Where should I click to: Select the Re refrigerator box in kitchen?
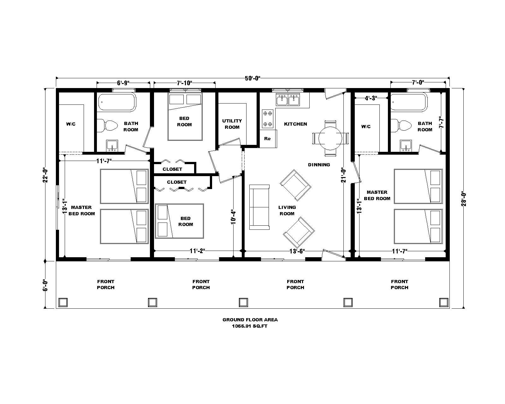coord(268,139)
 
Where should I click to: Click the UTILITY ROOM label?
coord(232,124)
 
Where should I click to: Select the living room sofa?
coord(259,207)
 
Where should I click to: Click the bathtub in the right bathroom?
coord(409,102)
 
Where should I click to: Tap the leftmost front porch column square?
coord(63,302)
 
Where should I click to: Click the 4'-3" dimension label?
coord(371,98)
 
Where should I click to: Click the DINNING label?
coord(319,164)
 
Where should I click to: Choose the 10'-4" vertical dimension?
coord(234,217)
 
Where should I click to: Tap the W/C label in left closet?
coord(71,124)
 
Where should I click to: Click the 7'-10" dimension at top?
coord(184,83)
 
